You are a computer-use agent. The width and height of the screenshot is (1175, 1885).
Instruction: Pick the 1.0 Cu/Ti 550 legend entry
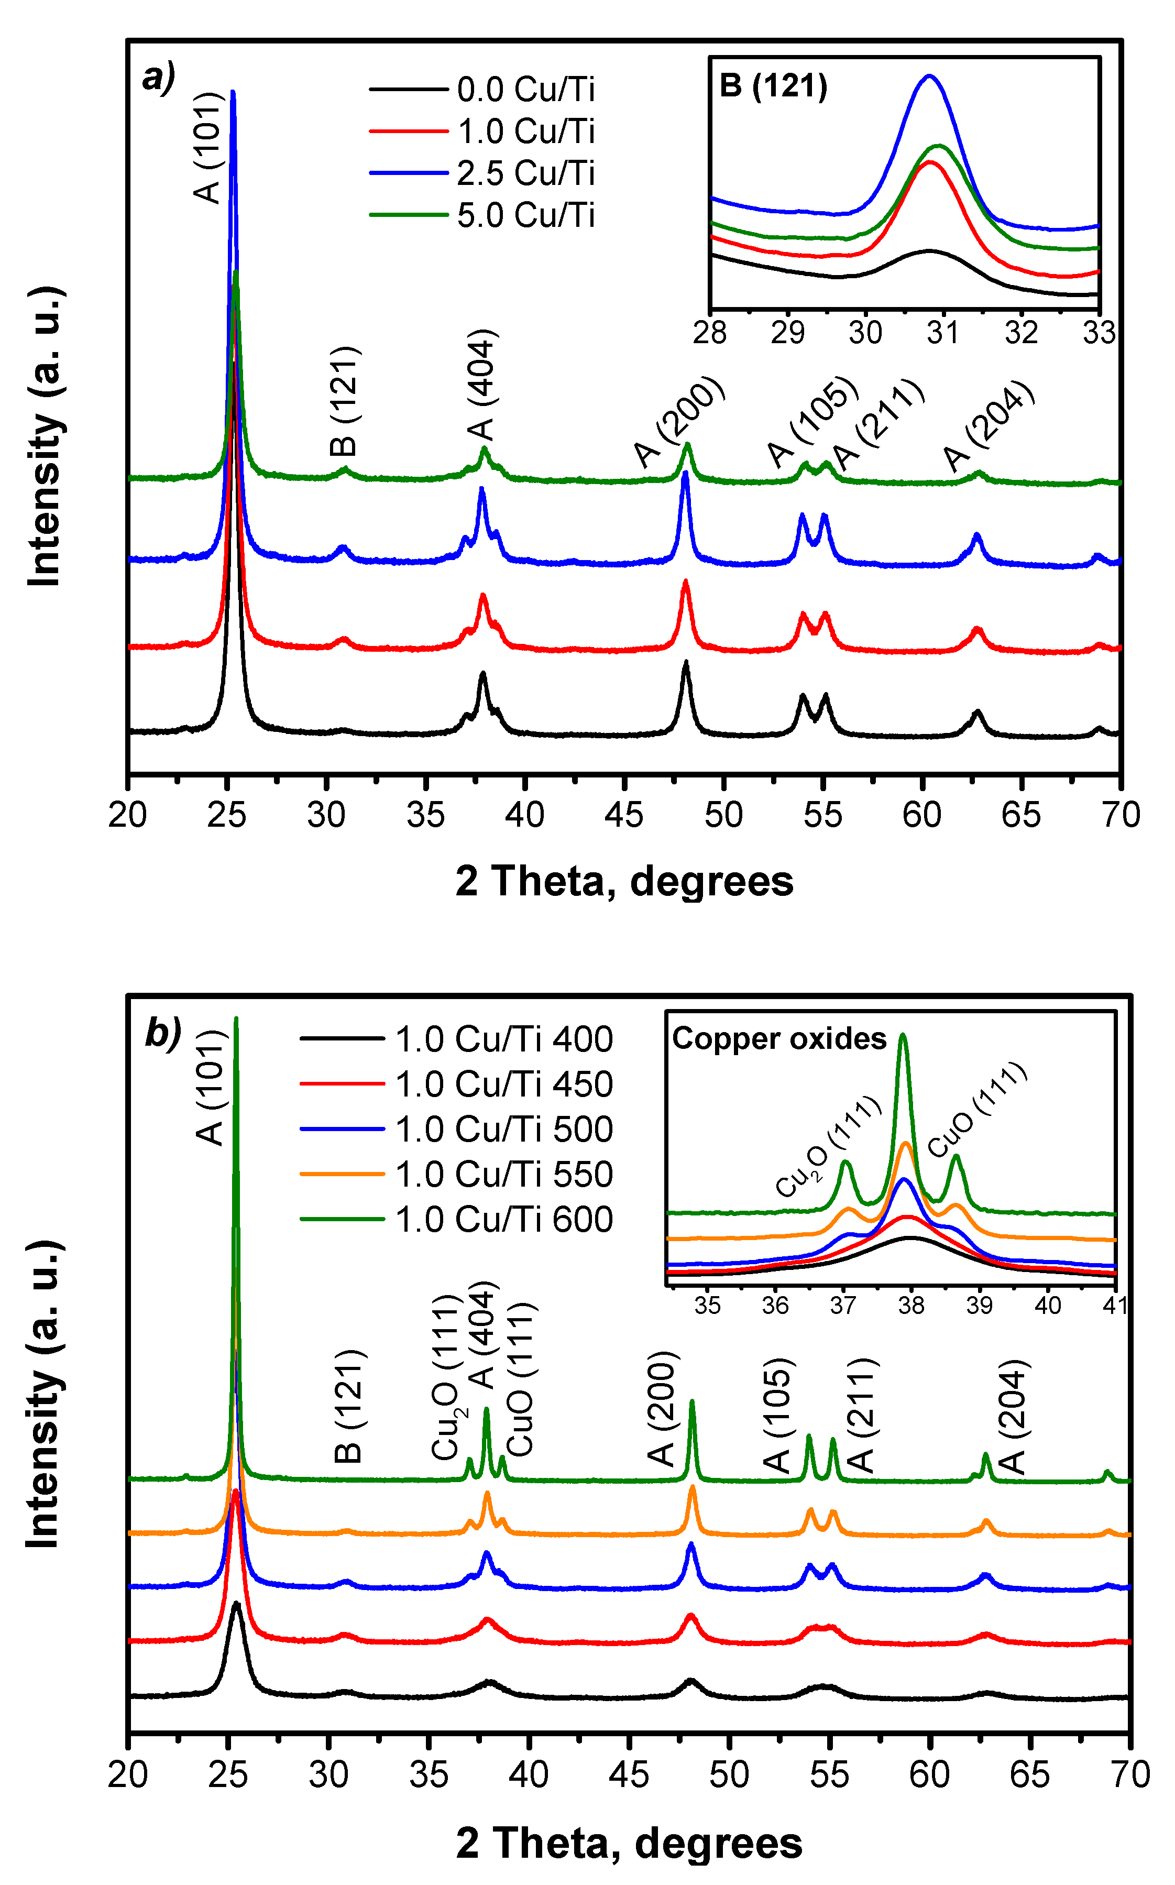click(503, 1174)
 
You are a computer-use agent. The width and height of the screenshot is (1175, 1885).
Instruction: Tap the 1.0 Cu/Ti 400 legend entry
click(503, 1039)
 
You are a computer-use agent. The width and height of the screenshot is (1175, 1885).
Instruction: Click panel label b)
click(162, 1034)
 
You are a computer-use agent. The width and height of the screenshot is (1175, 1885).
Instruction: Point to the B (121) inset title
click(773, 85)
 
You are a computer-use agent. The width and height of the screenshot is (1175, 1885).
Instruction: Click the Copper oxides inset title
click(778, 1039)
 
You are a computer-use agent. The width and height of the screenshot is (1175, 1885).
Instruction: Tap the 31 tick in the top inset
click(942, 333)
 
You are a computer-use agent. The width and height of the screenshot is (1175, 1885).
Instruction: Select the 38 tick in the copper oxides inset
click(911, 1306)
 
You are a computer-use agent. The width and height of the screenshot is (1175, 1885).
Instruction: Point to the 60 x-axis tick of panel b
click(929, 1774)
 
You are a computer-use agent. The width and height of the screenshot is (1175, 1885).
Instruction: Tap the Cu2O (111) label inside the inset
click(828, 1147)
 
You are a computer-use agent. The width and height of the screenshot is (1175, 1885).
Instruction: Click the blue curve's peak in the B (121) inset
click(929, 76)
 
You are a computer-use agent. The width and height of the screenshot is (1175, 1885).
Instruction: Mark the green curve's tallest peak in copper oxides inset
click(902, 1035)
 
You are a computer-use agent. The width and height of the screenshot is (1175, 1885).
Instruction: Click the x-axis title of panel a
click(624, 881)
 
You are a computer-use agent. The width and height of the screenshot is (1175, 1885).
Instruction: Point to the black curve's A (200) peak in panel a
click(685, 663)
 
